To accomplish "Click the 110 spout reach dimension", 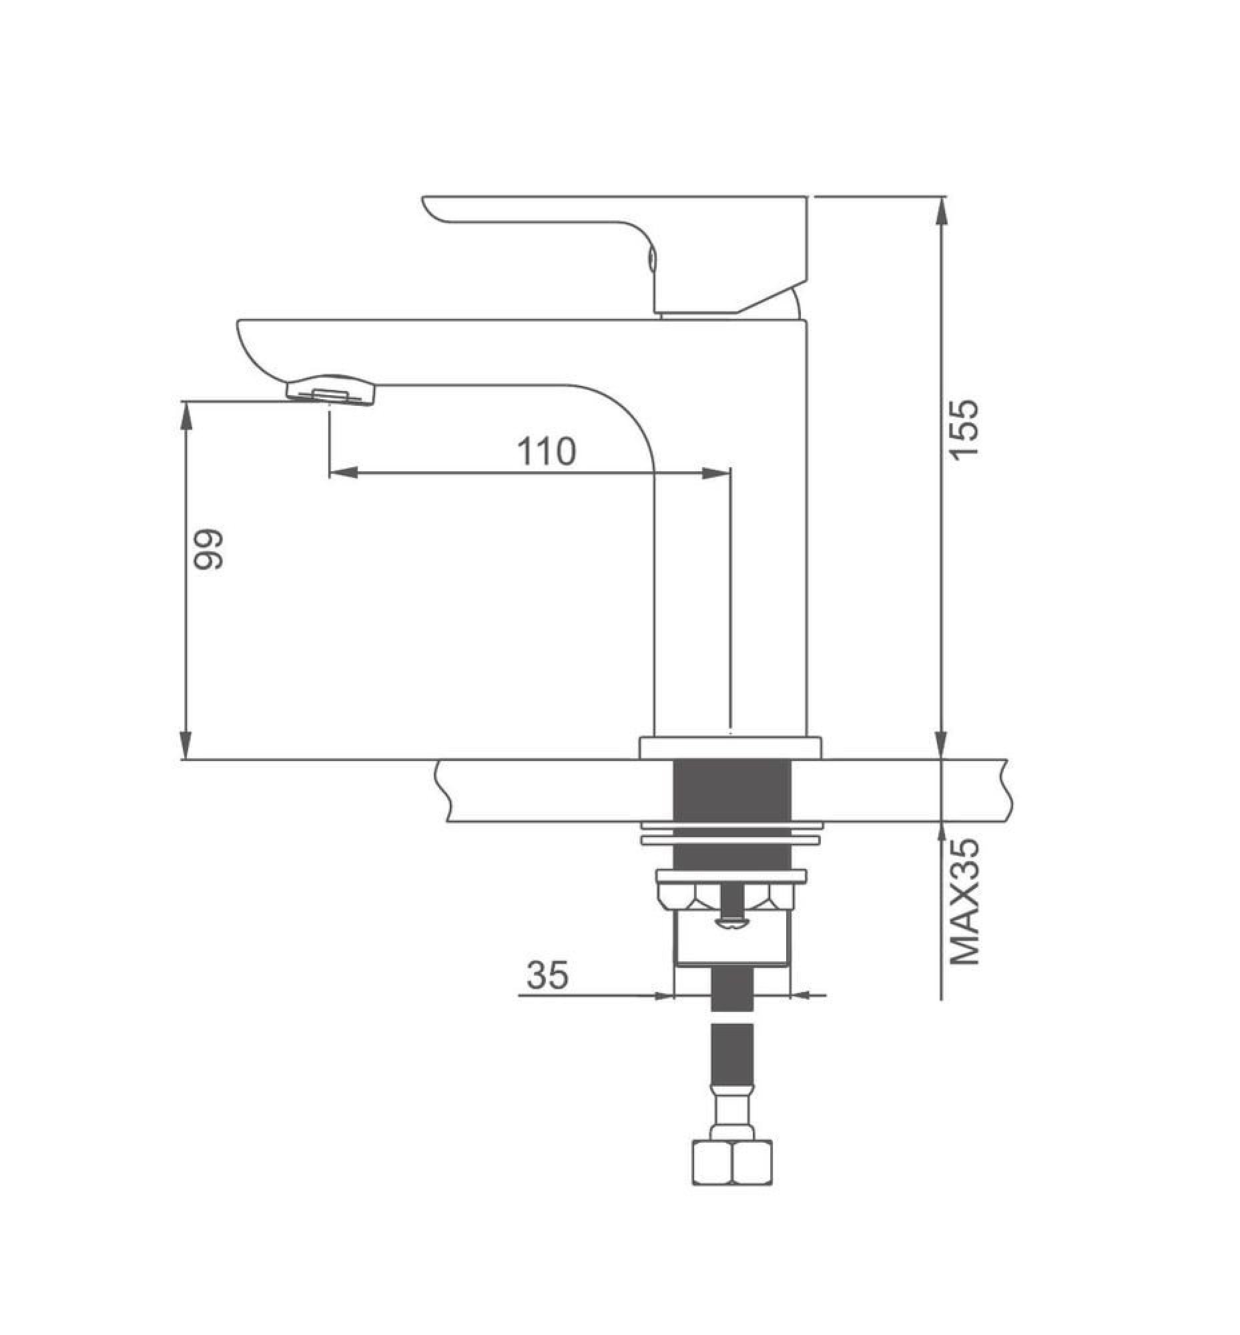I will (x=545, y=452).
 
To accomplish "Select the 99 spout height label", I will (x=207, y=551).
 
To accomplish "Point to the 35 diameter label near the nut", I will (x=547, y=975).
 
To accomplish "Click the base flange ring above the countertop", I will (x=730, y=748).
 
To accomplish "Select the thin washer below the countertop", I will (x=730, y=840).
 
